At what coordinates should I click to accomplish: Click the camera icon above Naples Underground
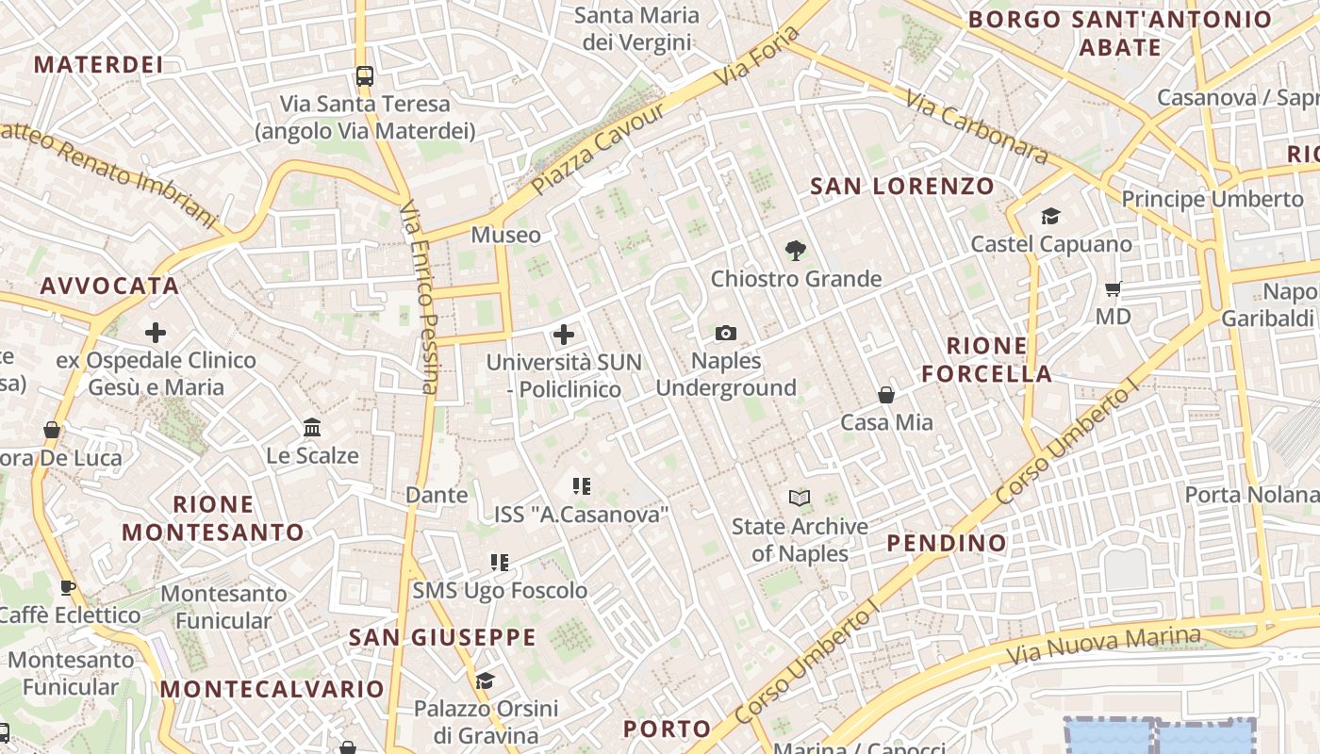tap(725, 333)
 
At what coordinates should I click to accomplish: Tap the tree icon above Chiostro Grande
tap(795, 251)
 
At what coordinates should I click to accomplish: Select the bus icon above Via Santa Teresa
tap(364, 76)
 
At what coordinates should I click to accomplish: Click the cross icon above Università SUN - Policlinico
tap(563, 335)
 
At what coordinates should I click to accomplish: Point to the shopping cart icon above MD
tap(1113, 288)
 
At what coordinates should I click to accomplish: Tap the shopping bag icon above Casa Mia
tap(885, 395)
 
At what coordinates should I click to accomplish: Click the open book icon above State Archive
tap(799, 498)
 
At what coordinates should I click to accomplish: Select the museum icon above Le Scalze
tap(312, 428)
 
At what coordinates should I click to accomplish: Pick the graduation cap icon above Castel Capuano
tap(1050, 217)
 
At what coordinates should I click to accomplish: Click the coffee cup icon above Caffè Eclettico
tap(68, 587)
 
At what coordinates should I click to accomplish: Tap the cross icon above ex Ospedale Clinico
tap(156, 333)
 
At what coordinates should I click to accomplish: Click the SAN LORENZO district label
tap(902, 186)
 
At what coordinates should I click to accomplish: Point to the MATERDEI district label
tap(98, 64)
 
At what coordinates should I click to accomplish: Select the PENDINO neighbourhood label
tap(947, 543)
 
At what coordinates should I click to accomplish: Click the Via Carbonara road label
tap(977, 127)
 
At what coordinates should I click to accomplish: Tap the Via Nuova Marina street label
tap(1103, 646)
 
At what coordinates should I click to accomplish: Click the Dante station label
tap(436, 495)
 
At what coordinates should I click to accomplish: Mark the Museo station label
tap(506, 235)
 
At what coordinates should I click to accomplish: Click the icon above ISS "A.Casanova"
tap(581, 486)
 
